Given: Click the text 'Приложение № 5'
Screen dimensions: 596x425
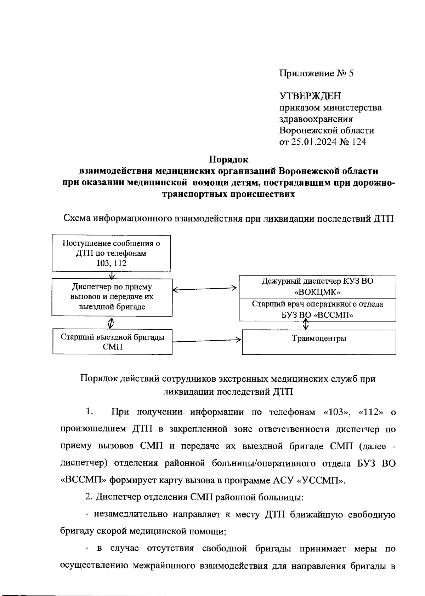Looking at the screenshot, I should pos(316,74).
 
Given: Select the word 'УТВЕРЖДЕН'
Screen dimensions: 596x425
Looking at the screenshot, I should pos(310,96).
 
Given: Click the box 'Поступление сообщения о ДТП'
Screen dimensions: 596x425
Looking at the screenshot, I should pos(111,253).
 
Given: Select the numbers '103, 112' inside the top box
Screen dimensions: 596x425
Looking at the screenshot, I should pos(111,263).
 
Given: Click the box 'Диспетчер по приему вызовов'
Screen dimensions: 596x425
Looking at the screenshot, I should pos(112,297).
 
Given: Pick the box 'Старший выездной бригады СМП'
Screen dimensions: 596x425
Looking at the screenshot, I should pos(112,342).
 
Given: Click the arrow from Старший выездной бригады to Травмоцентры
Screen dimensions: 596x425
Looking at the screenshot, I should pos(206,340).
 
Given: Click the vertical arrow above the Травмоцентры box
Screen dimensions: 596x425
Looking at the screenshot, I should pos(306,324).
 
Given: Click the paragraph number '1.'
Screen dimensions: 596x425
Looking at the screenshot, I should pos(89,412).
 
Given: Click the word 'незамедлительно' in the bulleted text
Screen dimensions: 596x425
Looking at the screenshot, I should pos(130,514).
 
